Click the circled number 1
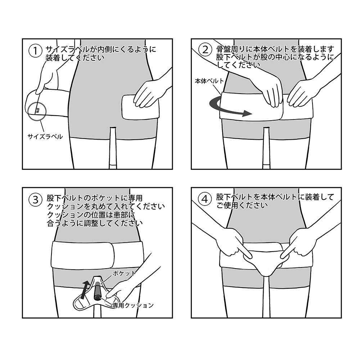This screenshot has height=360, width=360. tap(35, 51)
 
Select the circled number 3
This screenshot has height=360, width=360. tap(35, 199)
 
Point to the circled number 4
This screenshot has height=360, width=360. tap(204, 199)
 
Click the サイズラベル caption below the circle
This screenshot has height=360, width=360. tap(45, 136)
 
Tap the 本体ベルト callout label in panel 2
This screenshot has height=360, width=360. tap(209, 81)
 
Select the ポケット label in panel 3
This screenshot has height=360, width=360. tap(124, 273)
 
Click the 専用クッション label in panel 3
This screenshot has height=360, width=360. tap(133, 305)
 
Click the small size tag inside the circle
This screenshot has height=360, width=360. tap(37, 111)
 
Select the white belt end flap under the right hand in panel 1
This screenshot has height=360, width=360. tap(140, 107)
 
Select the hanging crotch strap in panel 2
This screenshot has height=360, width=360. tap(266, 147)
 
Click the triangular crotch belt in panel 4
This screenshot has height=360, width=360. tap(266, 260)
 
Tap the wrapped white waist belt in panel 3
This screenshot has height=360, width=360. tap(98, 255)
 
